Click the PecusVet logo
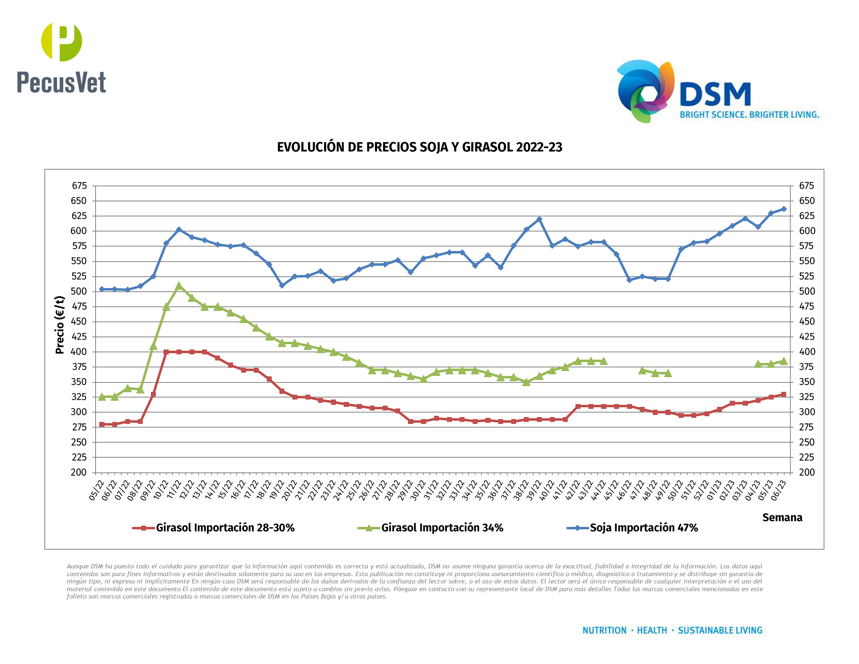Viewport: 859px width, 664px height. (x=61, y=58)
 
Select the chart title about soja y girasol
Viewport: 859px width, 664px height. (x=419, y=147)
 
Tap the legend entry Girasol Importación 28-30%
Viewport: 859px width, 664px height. (x=225, y=528)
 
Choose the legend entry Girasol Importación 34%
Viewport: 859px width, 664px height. (x=442, y=528)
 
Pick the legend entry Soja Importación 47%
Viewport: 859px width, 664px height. (x=643, y=528)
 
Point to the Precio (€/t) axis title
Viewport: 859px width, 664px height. (x=60, y=325)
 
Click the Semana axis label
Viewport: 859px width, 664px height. (x=782, y=518)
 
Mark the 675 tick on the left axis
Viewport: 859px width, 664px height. (x=79, y=186)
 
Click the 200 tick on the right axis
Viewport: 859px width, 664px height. (x=807, y=472)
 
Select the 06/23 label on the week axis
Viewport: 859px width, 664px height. (x=778, y=490)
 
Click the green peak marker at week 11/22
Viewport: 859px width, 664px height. (x=179, y=286)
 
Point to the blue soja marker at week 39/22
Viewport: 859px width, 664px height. (x=539, y=219)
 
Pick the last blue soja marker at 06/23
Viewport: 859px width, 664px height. (x=784, y=209)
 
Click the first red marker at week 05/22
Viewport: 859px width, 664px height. (x=102, y=424)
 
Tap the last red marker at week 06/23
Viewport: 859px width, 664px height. (x=784, y=394)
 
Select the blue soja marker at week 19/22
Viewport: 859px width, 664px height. (x=282, y=286)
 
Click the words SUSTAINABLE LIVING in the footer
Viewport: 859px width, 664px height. (x=720, y=630)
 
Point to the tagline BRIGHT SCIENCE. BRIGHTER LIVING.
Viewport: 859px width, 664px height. (x=749, y=115)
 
